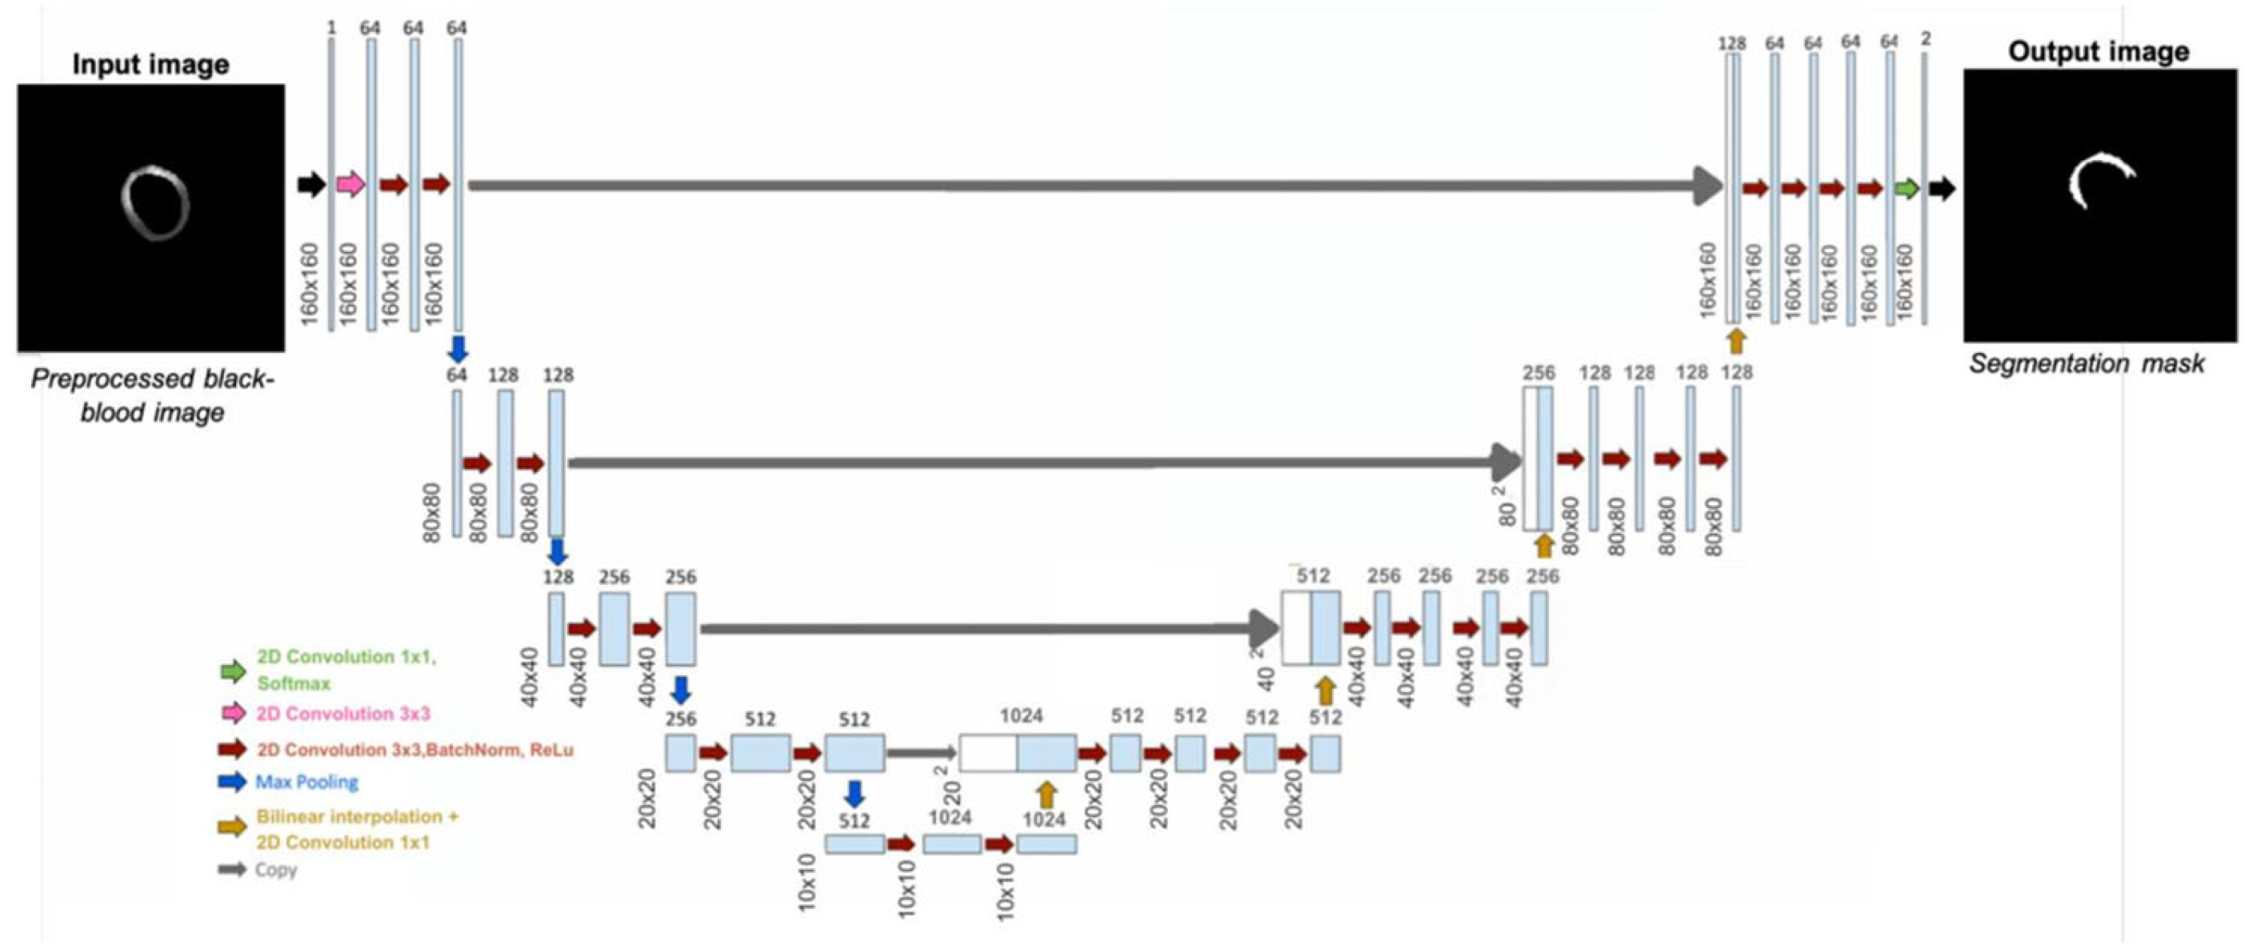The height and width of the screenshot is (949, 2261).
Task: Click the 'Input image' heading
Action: (151, 64)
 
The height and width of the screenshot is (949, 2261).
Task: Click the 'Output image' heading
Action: (2099, 52)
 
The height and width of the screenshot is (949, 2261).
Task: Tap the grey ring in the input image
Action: (154, 204)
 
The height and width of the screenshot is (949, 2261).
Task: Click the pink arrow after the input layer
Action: (351, 183)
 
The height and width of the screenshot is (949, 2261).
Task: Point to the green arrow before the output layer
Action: (1907, 188)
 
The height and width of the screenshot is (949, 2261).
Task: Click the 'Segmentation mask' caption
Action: (2087, 363)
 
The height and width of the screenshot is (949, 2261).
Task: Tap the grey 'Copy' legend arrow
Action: (233, 870)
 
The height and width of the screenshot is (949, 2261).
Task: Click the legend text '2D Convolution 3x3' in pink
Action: (343, 714)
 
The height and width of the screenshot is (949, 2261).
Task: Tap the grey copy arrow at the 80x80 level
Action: (1044, 462)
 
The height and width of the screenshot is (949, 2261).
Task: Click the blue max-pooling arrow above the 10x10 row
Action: (853, 794)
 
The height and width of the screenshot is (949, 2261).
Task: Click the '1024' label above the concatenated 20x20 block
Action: (1021, 715)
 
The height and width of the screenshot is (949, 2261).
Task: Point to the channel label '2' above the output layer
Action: (1926, 38)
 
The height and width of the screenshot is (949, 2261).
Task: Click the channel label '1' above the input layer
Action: (331, 28)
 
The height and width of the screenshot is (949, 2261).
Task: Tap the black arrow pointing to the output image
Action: (1942, 188)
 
